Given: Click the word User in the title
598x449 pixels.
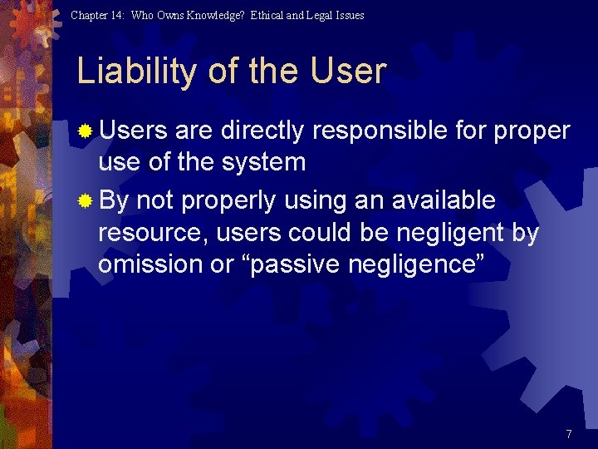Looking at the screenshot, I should pyautogui.click(x=349, y=72).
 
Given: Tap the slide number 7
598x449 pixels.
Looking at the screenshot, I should pyautogui.click(x=569, y=434).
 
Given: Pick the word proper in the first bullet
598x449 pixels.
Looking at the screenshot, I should pyautogui.click(x=532, y=131).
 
